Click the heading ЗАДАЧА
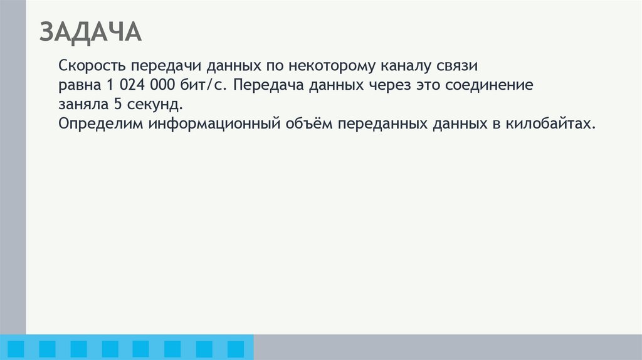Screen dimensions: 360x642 [90, 32]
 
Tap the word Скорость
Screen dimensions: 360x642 [92, 66]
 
